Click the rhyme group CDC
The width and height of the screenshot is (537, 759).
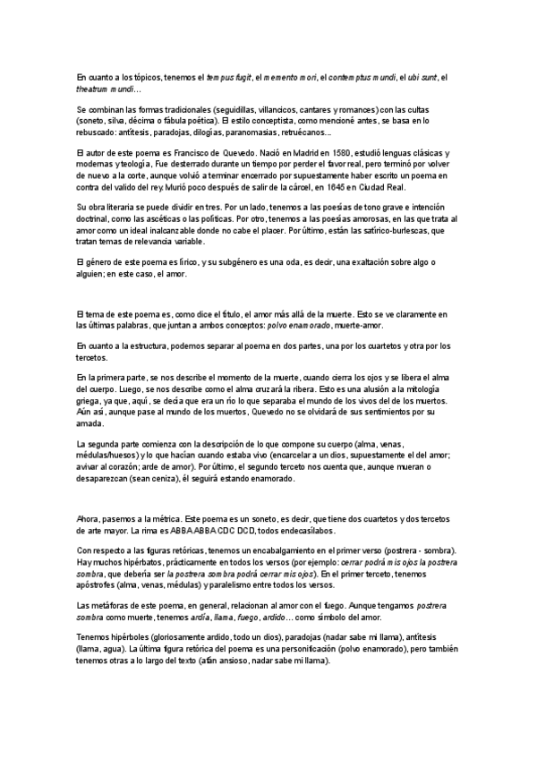pos(220,530)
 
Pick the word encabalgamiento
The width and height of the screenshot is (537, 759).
pos(303,550)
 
